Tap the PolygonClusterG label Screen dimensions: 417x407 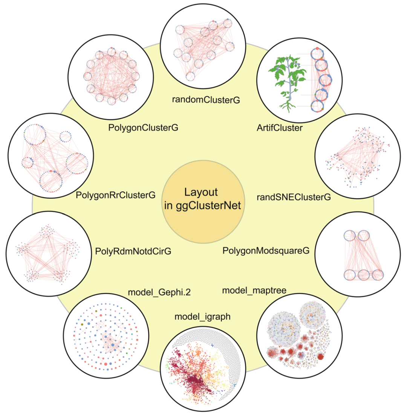coord(143,128)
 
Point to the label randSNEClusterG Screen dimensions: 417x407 coord(294,197)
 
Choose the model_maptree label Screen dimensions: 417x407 coord(254,290)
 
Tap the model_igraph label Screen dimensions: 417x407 coord(202,317)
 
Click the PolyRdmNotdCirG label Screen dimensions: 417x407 coord(133,251)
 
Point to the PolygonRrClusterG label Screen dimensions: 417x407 coord(115,195)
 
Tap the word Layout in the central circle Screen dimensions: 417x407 coord(201,192)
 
